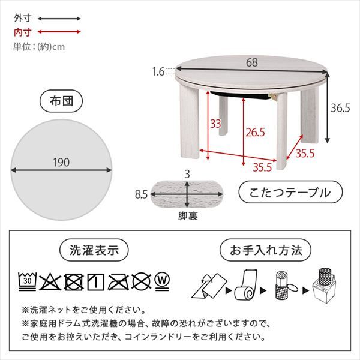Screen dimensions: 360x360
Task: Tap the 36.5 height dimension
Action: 340,109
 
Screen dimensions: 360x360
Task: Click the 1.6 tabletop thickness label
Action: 158,72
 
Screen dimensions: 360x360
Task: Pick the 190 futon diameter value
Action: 61,162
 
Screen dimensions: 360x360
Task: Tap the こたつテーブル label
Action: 290,193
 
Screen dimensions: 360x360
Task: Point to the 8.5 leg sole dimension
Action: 142,194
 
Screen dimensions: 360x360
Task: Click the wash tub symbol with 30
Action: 27,279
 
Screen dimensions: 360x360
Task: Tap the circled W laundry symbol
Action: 160,280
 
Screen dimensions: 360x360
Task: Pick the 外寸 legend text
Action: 23,19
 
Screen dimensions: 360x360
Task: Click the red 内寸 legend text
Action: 23,32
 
